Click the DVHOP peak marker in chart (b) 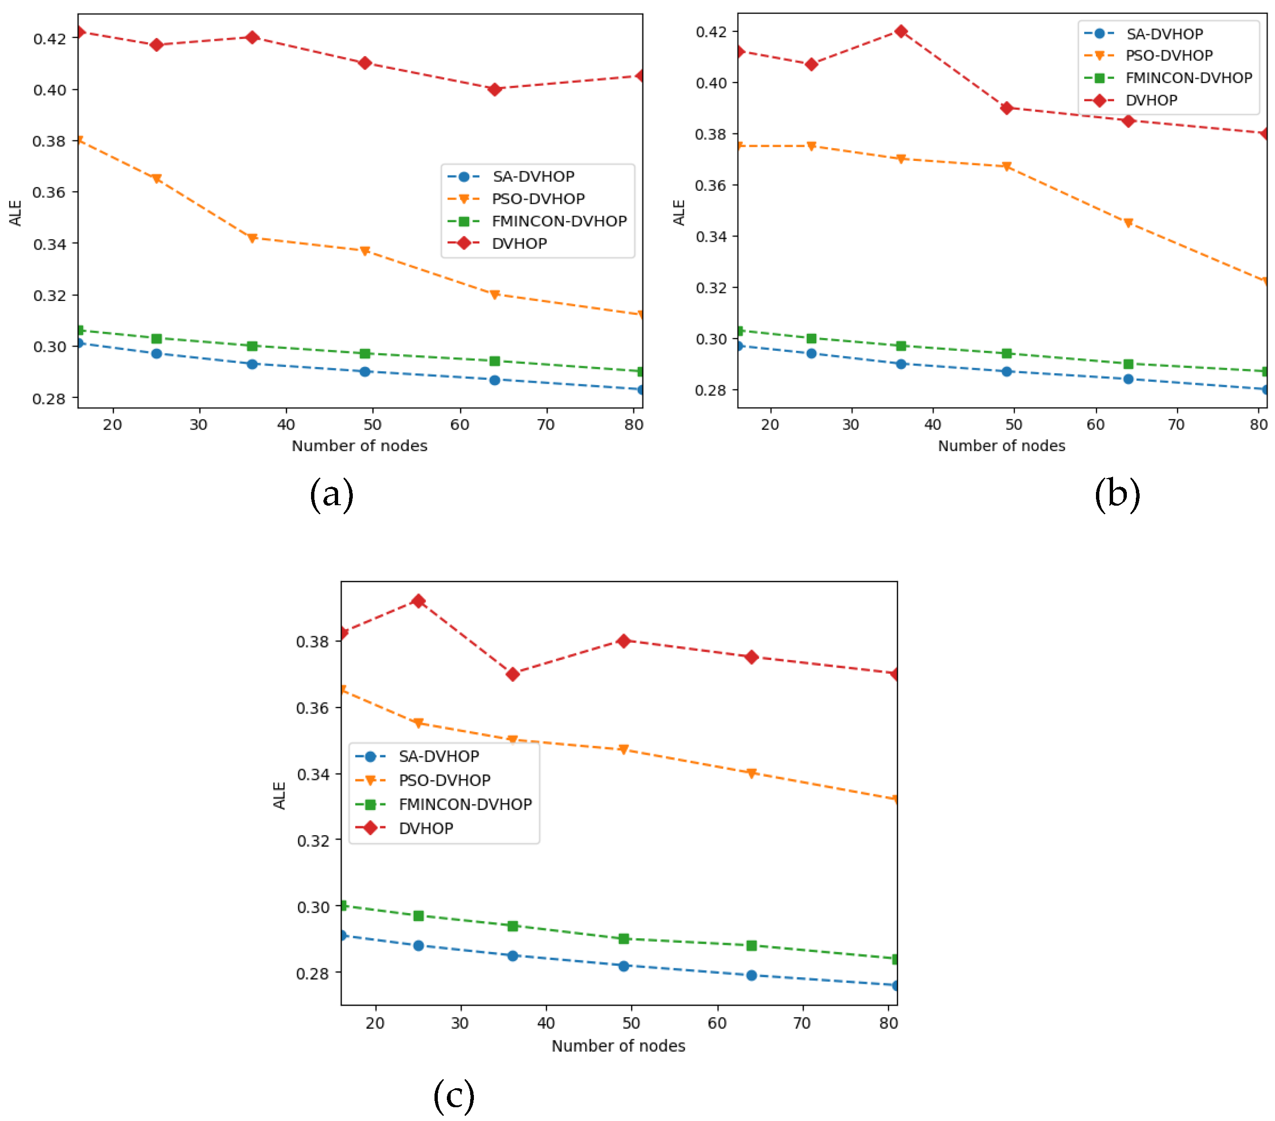[901, 31]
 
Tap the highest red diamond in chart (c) [418, 601]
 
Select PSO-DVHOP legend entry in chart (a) [538, 199]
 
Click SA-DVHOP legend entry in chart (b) [1164, 34]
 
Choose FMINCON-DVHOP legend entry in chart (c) [465, 804]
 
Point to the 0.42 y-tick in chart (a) [49, 38]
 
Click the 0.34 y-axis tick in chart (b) [712, 236]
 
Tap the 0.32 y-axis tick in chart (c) [313, 840]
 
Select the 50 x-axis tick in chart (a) [372, 425]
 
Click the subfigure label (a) [332, 494]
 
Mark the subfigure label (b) [1117, 494]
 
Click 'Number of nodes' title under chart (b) [1001, 446]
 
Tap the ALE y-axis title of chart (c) [279, 795]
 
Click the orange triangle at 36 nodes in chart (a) [252, 238]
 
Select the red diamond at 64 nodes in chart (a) [495, 89]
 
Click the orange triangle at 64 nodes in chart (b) [1128, 223]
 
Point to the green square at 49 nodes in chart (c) [624, 939]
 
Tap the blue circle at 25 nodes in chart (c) [418, 946]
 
